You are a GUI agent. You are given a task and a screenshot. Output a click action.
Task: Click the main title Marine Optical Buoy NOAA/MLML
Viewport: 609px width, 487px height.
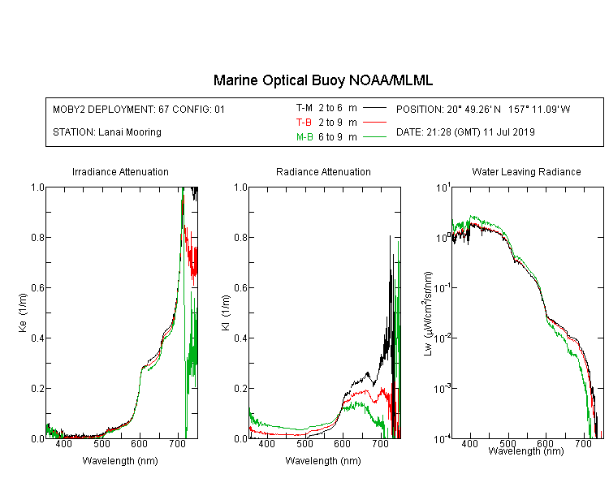[323, 80]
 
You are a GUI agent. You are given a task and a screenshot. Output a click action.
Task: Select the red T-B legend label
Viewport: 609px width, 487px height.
[304, 123]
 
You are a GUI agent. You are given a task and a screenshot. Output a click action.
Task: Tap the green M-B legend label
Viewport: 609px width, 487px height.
[304, 137]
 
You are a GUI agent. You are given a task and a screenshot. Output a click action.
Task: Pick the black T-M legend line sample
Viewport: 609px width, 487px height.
[374, 108]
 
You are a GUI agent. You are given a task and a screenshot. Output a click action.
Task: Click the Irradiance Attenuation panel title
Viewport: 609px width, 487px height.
[120, 171]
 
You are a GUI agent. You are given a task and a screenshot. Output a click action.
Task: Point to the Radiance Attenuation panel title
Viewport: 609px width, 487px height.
[323, 171]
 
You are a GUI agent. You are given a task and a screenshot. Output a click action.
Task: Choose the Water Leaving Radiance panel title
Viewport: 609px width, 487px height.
[526, 171]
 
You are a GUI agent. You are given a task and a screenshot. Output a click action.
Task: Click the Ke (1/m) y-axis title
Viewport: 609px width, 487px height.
[23, 312]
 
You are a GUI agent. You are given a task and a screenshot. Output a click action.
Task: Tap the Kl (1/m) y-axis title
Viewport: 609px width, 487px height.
[226, 312]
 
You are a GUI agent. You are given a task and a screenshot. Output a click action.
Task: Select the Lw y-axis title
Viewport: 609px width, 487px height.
[428, 313]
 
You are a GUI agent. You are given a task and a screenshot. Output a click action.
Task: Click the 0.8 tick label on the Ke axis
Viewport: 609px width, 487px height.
[37, 237]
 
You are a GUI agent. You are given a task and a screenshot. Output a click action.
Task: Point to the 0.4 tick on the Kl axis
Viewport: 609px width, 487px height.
[240, 338]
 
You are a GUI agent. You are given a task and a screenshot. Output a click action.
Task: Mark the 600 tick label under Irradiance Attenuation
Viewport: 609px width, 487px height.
[139, 444]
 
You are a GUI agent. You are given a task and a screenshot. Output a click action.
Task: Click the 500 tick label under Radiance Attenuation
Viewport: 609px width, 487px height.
[304, 444]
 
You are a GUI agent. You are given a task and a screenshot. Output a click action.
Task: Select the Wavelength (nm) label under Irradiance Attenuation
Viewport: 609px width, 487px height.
[120, 461]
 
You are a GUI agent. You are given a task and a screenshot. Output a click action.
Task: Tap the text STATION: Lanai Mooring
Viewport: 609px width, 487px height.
[107, 132]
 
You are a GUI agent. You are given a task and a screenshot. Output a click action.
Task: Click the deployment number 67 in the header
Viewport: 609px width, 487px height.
[163, 110]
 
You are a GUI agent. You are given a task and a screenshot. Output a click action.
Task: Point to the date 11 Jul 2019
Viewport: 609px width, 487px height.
[509, 132]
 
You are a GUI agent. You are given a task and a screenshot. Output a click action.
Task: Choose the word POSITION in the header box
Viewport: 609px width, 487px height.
[420, 110]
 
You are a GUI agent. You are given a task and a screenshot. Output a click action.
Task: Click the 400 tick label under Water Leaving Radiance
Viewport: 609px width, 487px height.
[469, 443]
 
